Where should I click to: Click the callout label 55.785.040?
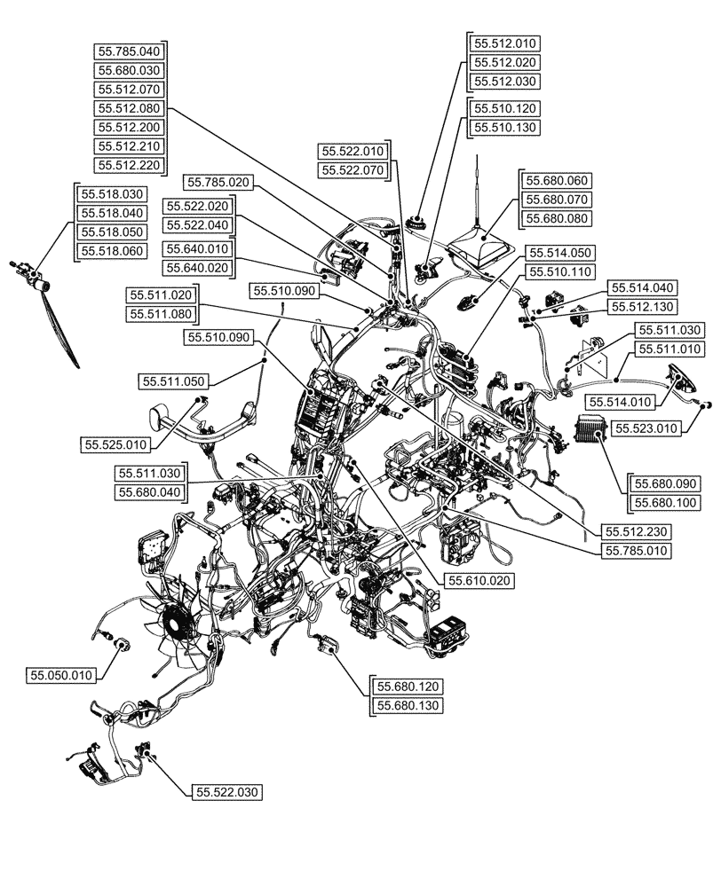pyautogui.click(x=130, y=51)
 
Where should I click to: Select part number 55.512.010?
pyautogui.click(x=504, y=43)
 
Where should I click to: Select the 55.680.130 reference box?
pyautogui.click(x=409, y=705)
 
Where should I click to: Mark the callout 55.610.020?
pyautogui.click(x=477, y=580)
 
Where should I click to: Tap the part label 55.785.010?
pyautogui.click(x=637, y=551)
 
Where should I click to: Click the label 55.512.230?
pyautogui.click(x=637, y=531)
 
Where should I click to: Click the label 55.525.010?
pyautogui.click(x=116, y=443)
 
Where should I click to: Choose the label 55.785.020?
pyautogui.click(x=218, y=183)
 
